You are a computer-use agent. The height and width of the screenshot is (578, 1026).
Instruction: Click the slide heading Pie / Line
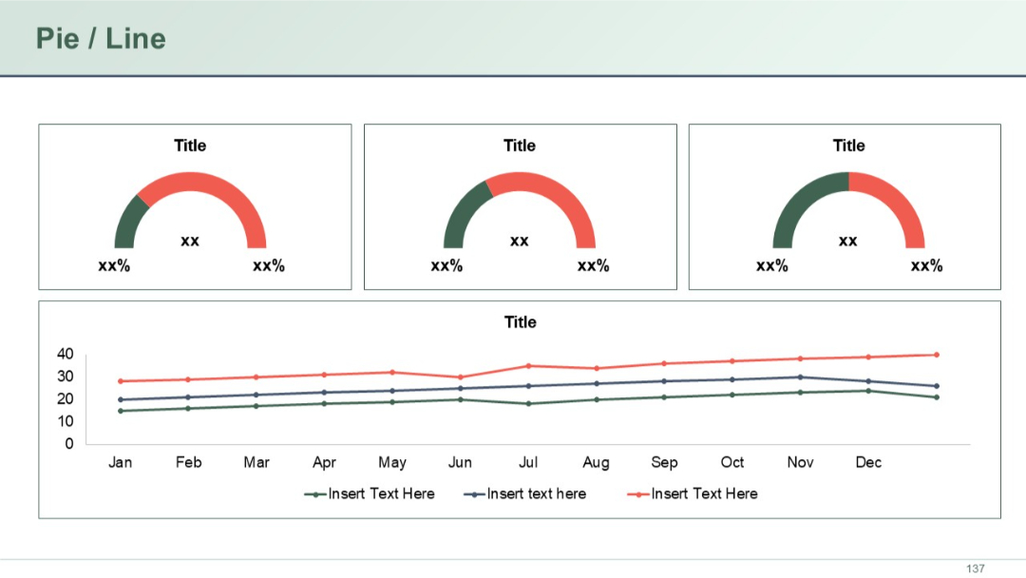(101, 38)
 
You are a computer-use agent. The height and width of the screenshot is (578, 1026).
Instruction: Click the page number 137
(976, 568)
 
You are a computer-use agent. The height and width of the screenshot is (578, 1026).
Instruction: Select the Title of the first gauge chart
(190, 145)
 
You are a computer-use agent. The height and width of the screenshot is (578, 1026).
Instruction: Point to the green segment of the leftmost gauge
(128, 223)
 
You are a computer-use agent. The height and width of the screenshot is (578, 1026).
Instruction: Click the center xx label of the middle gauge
(519, 241)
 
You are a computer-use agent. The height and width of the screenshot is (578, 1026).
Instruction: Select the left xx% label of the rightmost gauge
(771, 266)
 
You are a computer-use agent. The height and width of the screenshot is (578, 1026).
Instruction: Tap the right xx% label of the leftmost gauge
(269, 266)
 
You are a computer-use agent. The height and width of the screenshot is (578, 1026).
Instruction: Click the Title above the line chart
(520, 322)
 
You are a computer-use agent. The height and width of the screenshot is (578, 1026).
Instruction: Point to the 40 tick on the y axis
(65, 354)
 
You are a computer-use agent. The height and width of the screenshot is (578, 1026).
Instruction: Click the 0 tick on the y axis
(68, 444)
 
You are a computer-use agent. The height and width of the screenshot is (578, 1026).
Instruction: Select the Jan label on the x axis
(120, 463)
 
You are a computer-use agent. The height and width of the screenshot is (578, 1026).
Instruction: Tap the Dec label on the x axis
(868, 463)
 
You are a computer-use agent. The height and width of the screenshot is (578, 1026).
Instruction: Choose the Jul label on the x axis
(528, 463)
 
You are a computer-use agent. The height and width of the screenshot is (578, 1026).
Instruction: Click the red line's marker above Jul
(528, 366)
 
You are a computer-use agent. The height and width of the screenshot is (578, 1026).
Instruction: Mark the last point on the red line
(936, 355)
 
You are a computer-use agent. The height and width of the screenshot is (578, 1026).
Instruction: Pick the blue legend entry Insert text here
(536, 494)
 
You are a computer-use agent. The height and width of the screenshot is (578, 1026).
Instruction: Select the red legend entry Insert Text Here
(703, 494)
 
